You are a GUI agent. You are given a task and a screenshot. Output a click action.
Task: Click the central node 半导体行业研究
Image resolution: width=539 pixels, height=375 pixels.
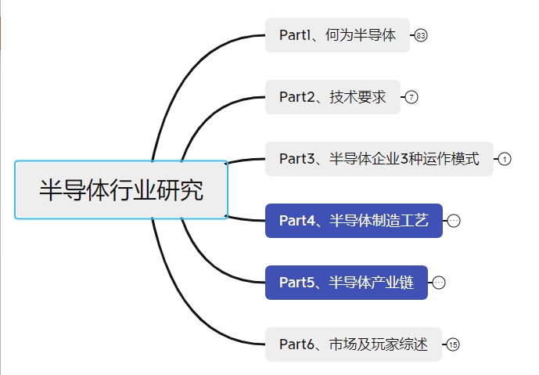[121, 190]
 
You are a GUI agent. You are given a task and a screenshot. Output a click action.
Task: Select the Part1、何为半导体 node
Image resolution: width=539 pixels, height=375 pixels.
[337, 35]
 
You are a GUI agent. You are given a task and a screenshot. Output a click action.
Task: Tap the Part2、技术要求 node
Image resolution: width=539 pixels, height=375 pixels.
[332, 97]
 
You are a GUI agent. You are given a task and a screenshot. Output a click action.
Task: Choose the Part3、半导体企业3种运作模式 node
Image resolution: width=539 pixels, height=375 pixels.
[379, 159]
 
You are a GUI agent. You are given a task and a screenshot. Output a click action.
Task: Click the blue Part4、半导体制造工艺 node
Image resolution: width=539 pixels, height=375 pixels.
[354, 221]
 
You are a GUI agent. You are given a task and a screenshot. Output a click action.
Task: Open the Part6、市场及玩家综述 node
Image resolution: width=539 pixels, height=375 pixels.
[353, 344]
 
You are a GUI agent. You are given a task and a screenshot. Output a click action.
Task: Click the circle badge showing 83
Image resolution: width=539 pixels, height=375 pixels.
[422, 35]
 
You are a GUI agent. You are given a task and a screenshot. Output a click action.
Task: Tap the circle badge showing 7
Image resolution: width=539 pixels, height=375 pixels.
[411, 97]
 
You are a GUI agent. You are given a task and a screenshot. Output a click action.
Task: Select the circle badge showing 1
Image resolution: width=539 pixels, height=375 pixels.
[505, 159]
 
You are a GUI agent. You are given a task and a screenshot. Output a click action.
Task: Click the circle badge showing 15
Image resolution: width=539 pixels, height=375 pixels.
[454, 344]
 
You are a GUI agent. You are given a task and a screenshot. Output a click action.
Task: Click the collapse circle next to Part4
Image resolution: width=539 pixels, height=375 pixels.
[454, 221]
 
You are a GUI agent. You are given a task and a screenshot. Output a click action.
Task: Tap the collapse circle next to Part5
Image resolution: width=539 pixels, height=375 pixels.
[439, 283]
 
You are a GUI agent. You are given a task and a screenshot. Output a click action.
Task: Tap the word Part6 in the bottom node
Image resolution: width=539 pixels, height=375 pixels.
[296, 344]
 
